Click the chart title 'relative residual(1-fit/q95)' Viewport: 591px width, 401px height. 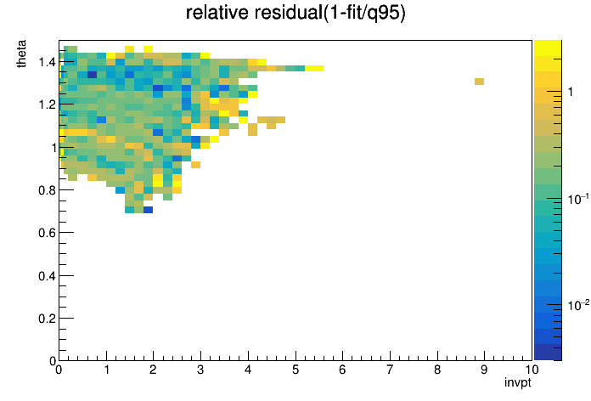pyautogui.click(x=295, y=13)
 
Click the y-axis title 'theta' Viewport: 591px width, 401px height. pyautogui.click(x=21, y=54)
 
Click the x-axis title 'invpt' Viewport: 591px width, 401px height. pyautogui.click(x=518, y=382)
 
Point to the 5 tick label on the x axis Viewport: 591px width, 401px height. pyautogui.click(x=295, y=370)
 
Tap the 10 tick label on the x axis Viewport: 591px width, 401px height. pyautogui.click(x=532, y=370)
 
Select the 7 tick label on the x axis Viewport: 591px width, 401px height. pyautogui.click(x=390, y=370)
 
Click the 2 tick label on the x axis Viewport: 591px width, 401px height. pyautogui.click(x=153, y=370)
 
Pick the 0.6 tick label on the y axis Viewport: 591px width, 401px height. pyautogui.click(x=47, y=233)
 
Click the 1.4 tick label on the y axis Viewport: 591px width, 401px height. pyautogui.click(x=47, y=62)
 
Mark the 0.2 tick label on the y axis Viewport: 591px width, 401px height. pyautogui.click(x=47, y=319)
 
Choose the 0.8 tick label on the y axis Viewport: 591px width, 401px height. pyautogui.click(x=47, y=190)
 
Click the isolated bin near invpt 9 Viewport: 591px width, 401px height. pyautogui.click(x=479, y=82)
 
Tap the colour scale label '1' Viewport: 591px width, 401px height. pyautogui.click(x=571, y=91)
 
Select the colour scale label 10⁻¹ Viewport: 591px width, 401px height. pyautogui.click(x=578, y=199)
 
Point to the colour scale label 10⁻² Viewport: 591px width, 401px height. pyautogui.click(x=578, y=304)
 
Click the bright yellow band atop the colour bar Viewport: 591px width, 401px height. pyautogui.click(x=548, y=48)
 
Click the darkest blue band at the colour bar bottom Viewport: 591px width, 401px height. pyautogui.click(x=548, y=353)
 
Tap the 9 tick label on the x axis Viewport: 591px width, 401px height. pyautogui.click(x=484, y=370)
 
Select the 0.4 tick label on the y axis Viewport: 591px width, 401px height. pyautogui.click(x=47, y=276)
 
